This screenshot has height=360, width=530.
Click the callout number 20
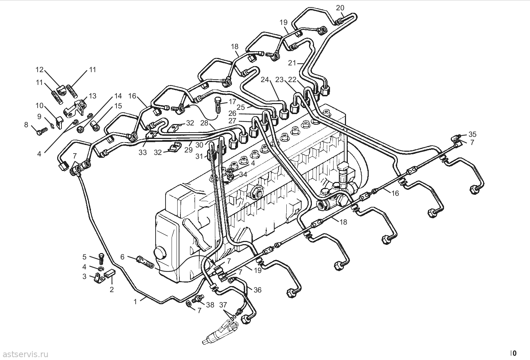340,8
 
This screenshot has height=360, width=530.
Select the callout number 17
232,102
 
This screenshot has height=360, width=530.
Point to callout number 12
39,70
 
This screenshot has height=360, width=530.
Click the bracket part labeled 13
75,109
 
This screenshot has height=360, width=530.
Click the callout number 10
39,105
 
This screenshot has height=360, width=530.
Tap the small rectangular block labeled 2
109,273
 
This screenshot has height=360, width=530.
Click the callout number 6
122,257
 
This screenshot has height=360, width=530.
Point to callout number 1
135,302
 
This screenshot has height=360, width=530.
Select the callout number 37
223,305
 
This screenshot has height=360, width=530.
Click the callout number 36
258,290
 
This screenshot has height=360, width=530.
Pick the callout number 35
472,134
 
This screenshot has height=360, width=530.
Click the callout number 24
265,80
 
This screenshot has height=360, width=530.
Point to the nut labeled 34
231,176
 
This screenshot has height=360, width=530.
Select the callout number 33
143,152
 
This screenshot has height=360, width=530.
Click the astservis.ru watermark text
26,354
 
